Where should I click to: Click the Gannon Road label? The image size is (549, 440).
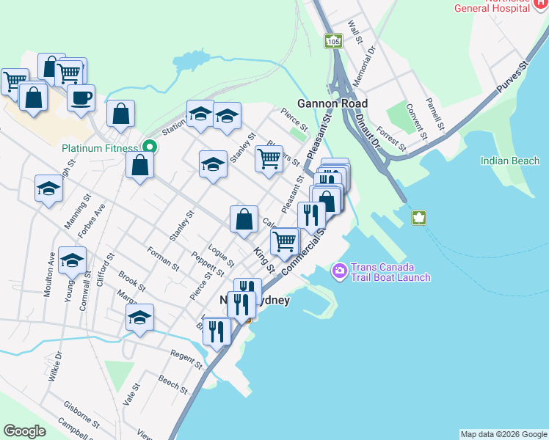(332, 103)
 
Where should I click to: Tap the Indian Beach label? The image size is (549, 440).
(510, 161)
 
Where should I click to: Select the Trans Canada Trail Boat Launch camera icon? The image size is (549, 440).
(339, 271)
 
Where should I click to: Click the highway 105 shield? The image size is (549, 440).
(333, 43)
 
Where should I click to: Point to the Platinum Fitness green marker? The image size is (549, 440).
(149, 147)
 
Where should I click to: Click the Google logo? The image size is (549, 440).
(25, 431)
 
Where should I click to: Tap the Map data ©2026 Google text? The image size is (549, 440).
(503, 434)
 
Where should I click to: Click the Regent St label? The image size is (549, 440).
(186, 359)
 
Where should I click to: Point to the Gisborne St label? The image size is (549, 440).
(81, 414)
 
